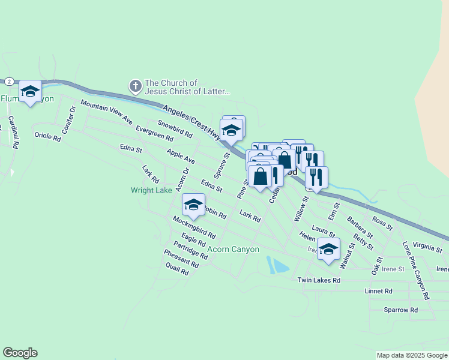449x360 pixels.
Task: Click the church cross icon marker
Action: tap(136, 87)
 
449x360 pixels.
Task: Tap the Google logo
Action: tap(20, 353)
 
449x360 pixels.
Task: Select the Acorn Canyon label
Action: tap(234, 249)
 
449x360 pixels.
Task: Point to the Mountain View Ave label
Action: tap(106, 113)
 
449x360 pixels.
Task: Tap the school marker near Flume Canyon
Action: tap(30, 92)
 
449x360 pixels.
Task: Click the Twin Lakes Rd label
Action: tap(319, 280)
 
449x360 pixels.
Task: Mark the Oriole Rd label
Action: tap(48, 137)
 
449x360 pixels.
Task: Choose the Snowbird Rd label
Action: tap(174, 129)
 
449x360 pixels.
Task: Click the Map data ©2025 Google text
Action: tap(412, 355)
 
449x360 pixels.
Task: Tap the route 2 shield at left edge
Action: tap(9, 81)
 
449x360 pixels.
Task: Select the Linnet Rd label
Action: tap(378, 290)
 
